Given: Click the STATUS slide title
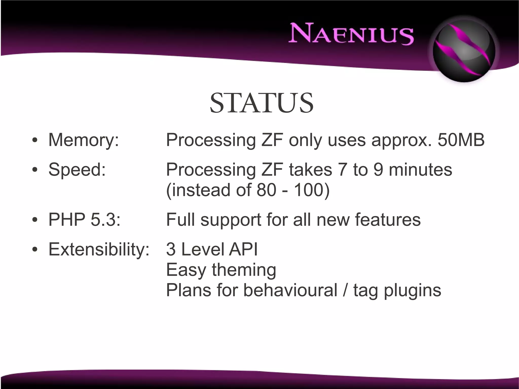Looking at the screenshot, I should click(x=262, y=103).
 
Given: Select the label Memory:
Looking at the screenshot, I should click(x=84, y=140).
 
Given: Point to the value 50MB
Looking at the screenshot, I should click(x=461, y=140).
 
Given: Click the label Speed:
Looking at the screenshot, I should click(x=77, y=169).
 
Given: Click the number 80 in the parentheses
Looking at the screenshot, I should click(x=266, y=190).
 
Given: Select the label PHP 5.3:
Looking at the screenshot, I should click(x=84, y=219).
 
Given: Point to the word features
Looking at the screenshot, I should click(x=387, y=219).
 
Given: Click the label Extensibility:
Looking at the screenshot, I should click(x=99, y=249).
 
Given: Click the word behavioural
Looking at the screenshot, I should click(x=290, y=290).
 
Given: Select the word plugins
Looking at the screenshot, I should click(x=412, y=291).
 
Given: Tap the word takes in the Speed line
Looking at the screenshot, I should click(x=310, y=169).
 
